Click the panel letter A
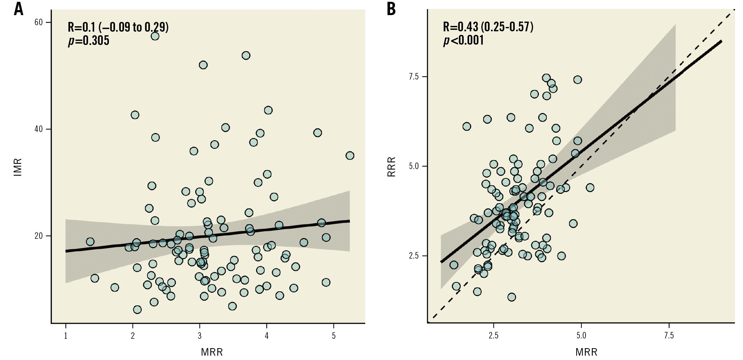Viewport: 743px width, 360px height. [x=18, y=9]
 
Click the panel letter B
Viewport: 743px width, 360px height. [x=391, y=9]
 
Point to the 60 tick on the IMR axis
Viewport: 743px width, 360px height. [x=38, y=22]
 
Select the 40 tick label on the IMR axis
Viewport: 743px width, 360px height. [x=38, y=129]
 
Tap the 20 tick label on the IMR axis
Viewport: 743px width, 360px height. [x=38, y=236]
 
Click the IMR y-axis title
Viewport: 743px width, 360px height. [x=18, y=167]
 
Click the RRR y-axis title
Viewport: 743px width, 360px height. [x=391, y=167]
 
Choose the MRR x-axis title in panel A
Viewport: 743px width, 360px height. [x=212, y=352]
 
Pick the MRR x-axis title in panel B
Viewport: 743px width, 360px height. [x=586, y=352]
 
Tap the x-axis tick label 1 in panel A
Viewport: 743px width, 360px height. [x=66, y=336]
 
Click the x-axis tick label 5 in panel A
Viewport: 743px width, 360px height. [x=334, y=336]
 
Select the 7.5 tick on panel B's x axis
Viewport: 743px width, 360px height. [x=669, y=336]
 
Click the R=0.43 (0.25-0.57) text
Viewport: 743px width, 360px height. [x=488, y=27]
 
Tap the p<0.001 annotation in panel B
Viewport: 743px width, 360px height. [x=463, y=40]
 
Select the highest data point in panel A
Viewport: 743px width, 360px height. [x=155, y=36]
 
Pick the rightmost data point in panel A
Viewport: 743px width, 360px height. [x=350, y=155]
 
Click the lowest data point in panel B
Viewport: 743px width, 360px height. [x=512, y=297]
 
